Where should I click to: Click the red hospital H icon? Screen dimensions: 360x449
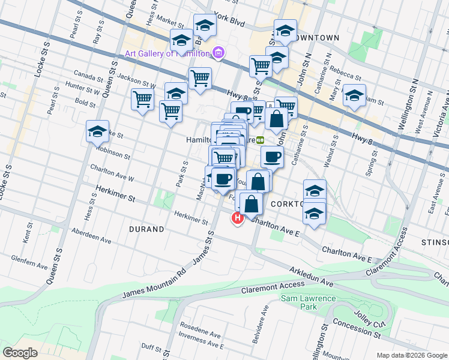pos(238,218)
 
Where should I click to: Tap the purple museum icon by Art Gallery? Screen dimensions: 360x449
pos(218,53)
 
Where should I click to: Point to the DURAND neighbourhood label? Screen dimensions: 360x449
pos(146,229)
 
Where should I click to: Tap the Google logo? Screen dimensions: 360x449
pos(20,353)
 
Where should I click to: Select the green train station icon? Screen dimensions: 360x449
pos(260,140)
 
